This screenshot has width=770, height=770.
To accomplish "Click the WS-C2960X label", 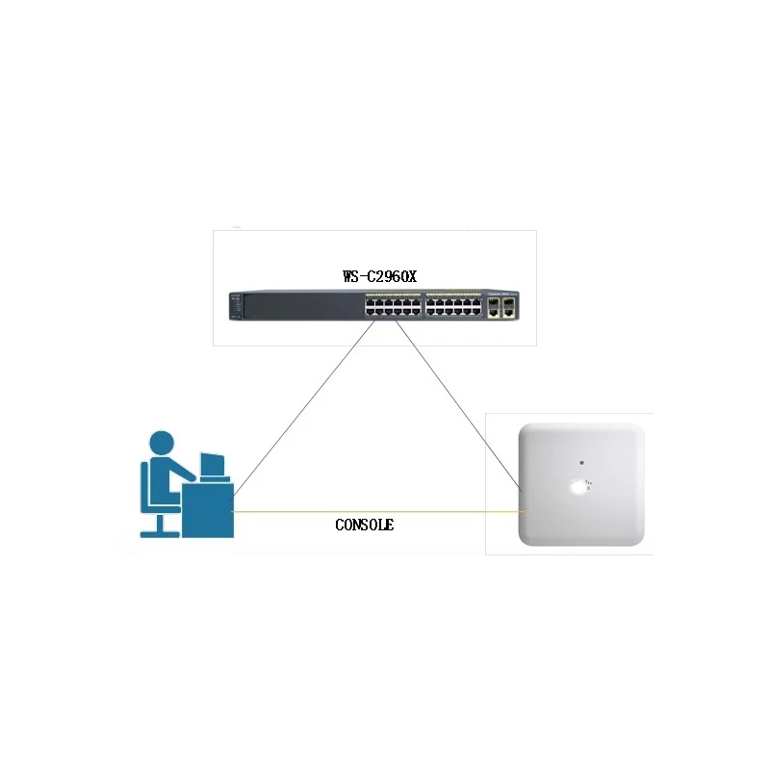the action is (x=379, y=276).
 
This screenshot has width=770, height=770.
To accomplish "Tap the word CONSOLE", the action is (x=365, y=525).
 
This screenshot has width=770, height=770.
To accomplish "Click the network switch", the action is (x=373, y=305).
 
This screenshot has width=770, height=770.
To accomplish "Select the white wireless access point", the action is (x=581, y=484).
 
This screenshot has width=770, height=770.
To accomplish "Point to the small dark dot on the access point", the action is (x=581, y=463).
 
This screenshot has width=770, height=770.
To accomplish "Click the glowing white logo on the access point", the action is (x=580, y=486).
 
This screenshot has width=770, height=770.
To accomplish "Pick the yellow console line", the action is (x=377, y=512).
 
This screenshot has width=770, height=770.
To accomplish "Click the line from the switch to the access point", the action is (x=458, y=405).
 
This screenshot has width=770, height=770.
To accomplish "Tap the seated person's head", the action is (x=162, y=444).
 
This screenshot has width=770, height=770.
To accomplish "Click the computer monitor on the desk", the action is (x=213, y=464).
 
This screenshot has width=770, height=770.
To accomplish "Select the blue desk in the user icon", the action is (x=208, y=510).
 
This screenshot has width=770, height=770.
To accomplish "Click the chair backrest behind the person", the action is (x=146, y=486).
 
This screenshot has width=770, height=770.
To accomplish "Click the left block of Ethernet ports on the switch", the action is (x=393, y=307).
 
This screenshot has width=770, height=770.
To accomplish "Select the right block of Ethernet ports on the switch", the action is (x=453, y=307).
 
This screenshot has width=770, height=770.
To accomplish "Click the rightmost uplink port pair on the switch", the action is (x=509, y=307).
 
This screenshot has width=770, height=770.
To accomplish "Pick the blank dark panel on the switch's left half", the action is (x=303, y=306).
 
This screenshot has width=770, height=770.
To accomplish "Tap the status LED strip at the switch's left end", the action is (x=236, y=306).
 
